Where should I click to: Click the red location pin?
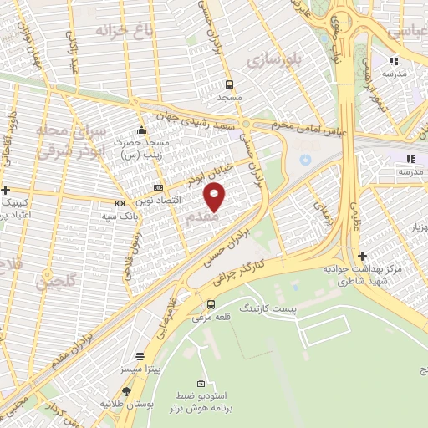point(215,196)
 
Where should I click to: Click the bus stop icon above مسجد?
point(229,84)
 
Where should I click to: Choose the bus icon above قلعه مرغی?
point(211,304)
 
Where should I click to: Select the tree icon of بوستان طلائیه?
point(127,390)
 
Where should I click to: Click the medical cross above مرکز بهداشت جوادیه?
point(362,256)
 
